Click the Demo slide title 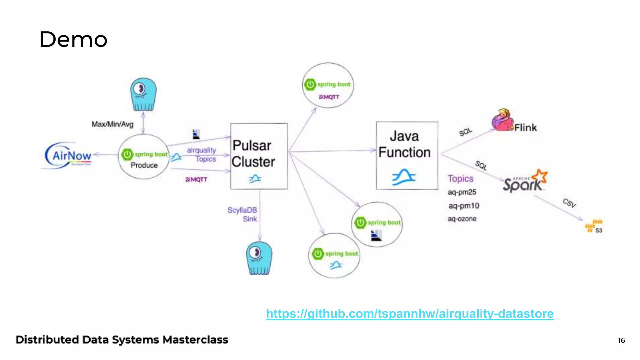click(73, 40)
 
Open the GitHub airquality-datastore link click(409, 313)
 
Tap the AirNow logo click(69, 155)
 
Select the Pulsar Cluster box click(259, 156)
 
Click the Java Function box click(407, 155)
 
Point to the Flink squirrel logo click(502, 120)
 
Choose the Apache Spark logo click(525, 181)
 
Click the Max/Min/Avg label click(112, 124)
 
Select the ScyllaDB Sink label click(242, 214)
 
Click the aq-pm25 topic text click(462, 192)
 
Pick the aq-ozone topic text click(462, 219)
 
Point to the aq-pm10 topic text click(463, 206)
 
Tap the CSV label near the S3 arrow click(569, 203)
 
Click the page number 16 click(621, 340)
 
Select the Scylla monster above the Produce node click(143, 94)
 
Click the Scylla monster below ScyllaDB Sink click(259, 258)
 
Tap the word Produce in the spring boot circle click(144, 165)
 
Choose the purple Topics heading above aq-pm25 click(460, 179)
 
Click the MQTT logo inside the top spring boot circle click(329, 97)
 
